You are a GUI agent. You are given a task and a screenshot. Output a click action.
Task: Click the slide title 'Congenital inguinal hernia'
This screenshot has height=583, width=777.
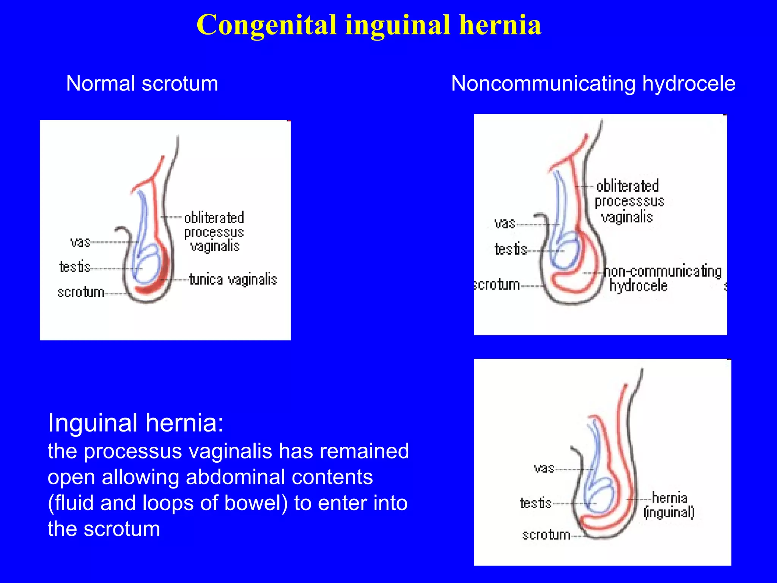(369, 25)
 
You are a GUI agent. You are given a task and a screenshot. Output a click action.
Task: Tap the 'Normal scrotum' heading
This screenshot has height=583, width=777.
(142, 84)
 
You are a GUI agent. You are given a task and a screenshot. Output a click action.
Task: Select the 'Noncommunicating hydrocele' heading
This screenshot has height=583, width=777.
(593, 84)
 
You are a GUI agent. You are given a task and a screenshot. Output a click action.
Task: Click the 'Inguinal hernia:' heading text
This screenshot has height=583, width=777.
(136, 423)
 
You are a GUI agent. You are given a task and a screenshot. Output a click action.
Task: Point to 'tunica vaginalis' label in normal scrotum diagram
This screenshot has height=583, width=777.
(233, 280)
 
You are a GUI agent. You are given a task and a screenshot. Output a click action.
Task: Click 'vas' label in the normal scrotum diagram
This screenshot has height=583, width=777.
(80, 242)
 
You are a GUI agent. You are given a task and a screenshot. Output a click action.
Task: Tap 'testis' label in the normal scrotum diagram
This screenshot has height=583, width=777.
(75, 267)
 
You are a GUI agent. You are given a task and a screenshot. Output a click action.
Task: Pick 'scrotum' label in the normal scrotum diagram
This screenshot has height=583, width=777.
(81, 292)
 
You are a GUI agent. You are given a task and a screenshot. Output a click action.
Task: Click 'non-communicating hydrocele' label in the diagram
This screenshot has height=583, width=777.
(662, 279)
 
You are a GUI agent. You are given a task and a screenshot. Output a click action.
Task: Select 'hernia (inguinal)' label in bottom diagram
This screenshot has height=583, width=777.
(669, 505)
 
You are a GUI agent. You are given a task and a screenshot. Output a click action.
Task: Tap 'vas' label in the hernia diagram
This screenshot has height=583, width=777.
(544, 468)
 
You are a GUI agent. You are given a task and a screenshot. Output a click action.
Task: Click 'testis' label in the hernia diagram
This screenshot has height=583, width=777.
(535, 503)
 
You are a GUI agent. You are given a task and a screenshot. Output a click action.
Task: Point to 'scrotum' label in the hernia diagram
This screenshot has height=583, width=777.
(546, 535)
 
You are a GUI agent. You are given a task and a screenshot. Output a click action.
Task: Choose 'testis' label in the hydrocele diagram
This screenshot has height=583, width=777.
(511, 249)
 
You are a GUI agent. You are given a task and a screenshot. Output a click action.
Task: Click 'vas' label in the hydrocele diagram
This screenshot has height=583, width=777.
(505, 223)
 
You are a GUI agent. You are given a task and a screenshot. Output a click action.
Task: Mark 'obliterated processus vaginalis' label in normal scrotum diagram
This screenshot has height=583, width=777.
(214, 232)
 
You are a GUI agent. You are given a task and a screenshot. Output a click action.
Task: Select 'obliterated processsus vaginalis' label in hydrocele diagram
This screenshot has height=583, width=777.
(629, 201)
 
